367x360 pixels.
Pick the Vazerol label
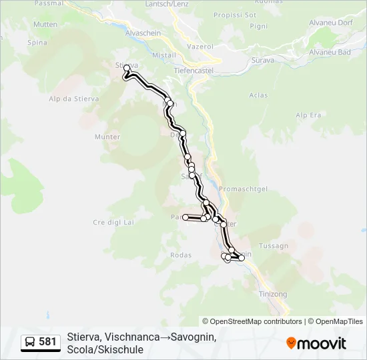tap(200, 47)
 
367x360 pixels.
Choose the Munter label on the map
tap(107, 137)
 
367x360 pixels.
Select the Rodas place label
tap(181, 255)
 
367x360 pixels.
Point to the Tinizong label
tap(272, 294)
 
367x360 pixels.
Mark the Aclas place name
tap(258, 95)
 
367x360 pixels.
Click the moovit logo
tap(316, 343)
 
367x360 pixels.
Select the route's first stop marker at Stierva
tap(127, 67)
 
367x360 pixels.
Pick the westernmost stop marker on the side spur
tap(186, 217)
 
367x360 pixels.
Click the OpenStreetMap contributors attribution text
tap(252, 321)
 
